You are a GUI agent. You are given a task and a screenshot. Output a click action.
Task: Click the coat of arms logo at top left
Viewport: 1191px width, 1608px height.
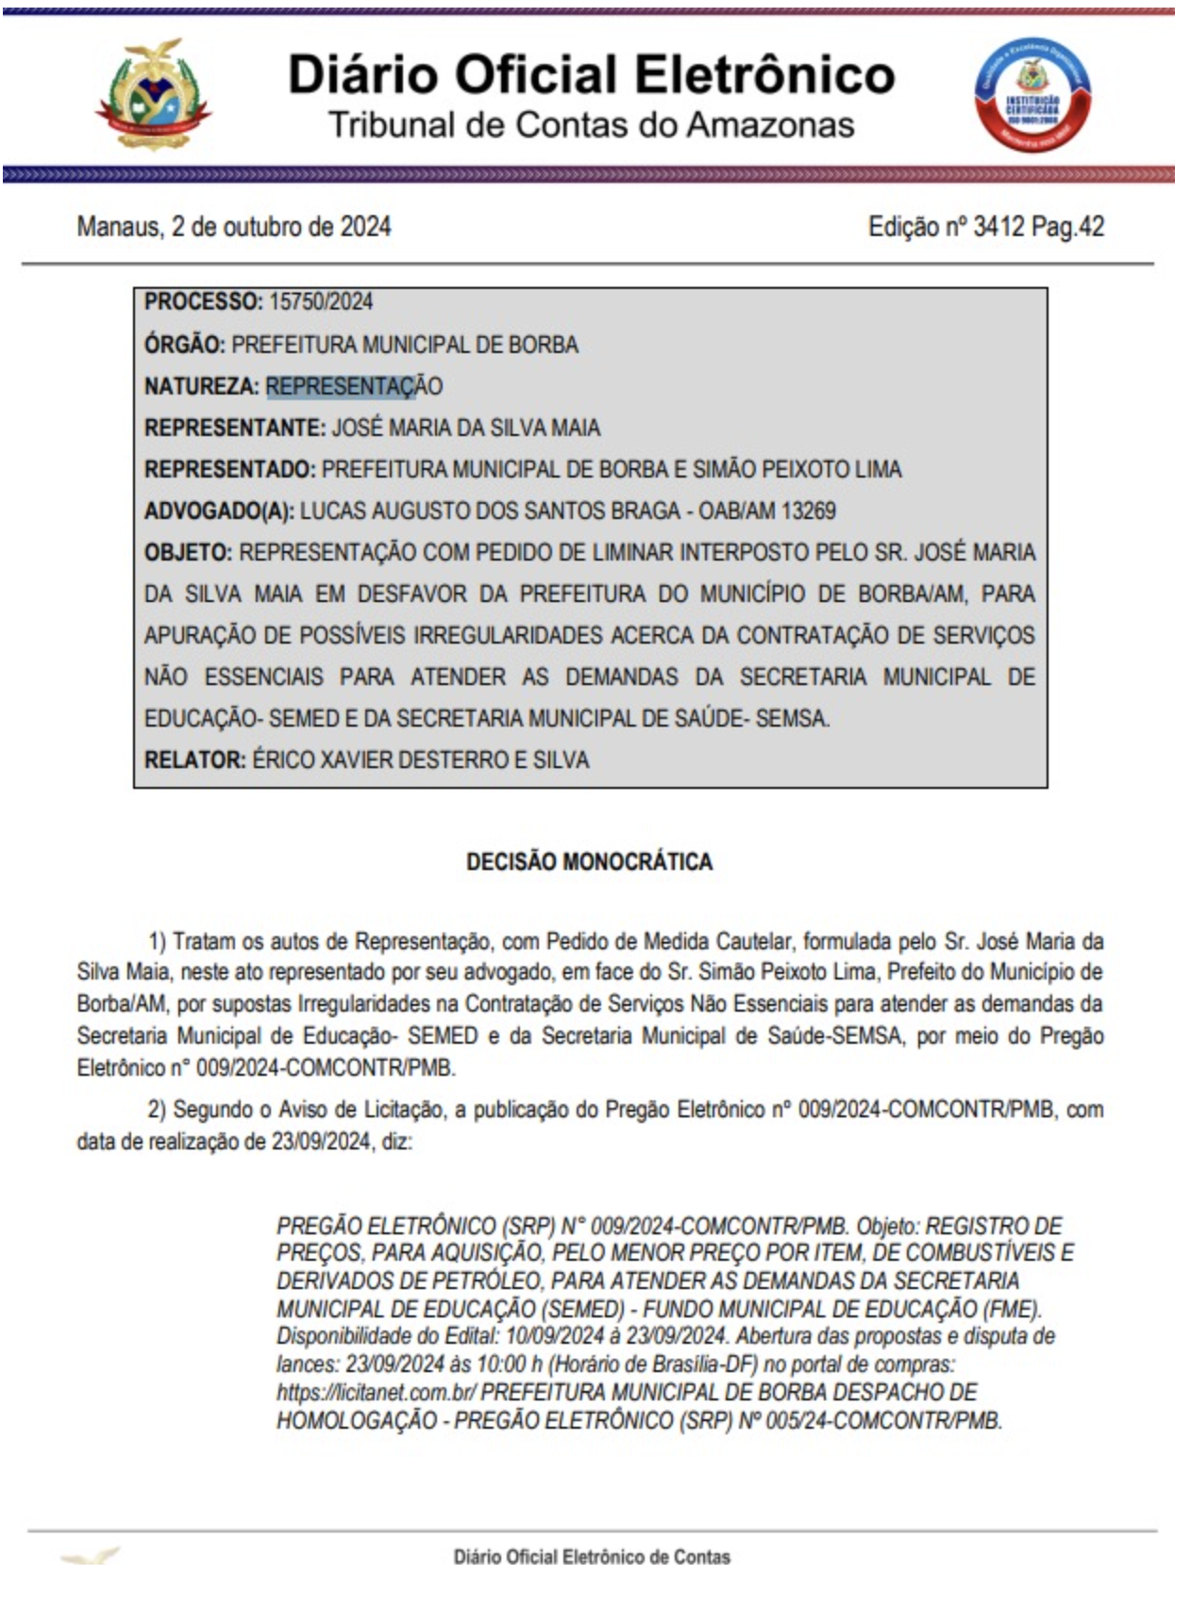pyautogui.click(x=153, y=95)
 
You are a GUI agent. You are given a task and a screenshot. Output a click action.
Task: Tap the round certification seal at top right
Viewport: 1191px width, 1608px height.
pyautogui.click(x=1032, y=95)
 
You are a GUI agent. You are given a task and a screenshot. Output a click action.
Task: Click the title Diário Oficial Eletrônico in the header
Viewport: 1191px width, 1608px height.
pyautogui.click(x=591, y=75)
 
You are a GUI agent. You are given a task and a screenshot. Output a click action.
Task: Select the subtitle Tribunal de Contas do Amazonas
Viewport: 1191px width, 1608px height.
pyautogui.click(x=591, y=126)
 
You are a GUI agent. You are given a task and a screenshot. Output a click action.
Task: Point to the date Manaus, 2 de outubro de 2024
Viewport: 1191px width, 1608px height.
pyautogui.click(x=234, y=227)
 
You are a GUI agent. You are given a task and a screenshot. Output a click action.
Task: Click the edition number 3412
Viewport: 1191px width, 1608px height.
pyautogui.click(x=998, y=227)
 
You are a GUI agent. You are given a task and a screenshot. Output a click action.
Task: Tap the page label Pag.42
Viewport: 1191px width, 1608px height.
pyautogui.click(x=1067, y=227)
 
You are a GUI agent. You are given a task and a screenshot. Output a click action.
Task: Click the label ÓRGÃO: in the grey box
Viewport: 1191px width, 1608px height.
pyautogui.click(x=184, y=344)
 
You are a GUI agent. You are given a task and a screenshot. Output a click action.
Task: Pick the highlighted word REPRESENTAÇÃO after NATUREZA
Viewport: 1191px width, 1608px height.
pyautogui.click(x=354, y=386)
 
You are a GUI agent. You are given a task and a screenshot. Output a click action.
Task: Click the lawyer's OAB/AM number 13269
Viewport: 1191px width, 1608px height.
pyautogui.click(x=809, y=511)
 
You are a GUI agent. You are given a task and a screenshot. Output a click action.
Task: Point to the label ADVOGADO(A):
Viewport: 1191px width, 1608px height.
pyautogui.click(x=219, y=511)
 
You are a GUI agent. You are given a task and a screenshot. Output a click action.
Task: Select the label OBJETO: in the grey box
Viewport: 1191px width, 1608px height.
pyautogui.click(x=188, y=553)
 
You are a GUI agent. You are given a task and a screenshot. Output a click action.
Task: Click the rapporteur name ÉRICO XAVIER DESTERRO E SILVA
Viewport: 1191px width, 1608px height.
pyautogui.click(x=420, y=761)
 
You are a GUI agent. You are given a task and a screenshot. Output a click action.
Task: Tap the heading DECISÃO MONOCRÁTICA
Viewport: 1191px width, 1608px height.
pyautogui.click(x=589, y=862)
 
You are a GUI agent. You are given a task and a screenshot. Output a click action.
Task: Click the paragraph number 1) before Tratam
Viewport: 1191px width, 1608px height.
pyautogui.click(x=158, y=942)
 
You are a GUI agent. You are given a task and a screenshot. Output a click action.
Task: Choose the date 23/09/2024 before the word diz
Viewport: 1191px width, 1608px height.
pyautogui.click(x=321, y=1142)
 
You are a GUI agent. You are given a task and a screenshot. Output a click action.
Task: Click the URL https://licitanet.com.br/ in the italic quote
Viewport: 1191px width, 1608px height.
pyautogui.click(x=376, y=1393)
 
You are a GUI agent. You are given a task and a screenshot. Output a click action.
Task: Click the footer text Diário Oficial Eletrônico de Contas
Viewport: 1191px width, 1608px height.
pyautogui.click(x=592, y=1558)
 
